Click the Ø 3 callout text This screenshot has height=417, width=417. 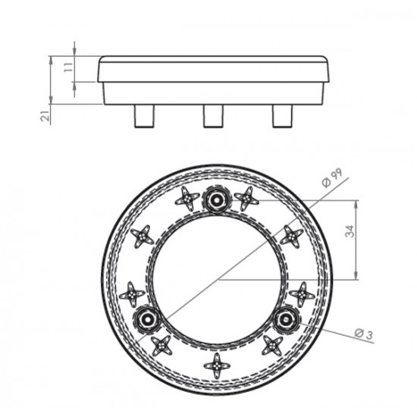365,332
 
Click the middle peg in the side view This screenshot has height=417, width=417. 213,115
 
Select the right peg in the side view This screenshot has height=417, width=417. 284,115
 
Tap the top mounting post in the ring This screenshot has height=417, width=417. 217,199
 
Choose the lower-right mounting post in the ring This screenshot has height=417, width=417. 286,319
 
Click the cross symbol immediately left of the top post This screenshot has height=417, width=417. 186,199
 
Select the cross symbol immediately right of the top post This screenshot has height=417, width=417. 247,199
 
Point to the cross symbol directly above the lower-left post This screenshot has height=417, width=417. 133,293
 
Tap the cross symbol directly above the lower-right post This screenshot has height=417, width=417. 302,293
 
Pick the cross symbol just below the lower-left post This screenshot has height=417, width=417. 161,346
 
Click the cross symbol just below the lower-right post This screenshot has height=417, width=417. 272,346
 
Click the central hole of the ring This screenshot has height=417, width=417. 218,279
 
